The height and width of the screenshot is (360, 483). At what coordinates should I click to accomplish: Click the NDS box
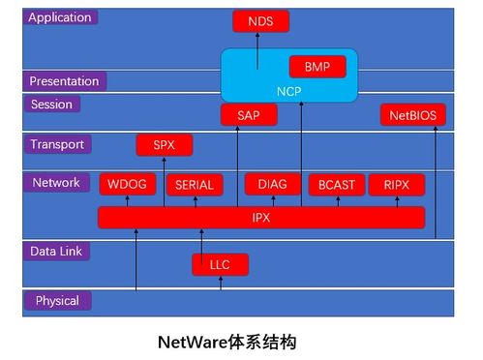click(260, 20)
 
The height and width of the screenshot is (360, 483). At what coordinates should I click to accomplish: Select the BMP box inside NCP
click(317, 68)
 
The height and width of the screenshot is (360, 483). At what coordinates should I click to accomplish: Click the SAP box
click(249, 115)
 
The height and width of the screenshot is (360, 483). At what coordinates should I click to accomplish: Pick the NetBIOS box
click(413, 115)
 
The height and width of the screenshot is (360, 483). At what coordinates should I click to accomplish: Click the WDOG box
click(127, 184)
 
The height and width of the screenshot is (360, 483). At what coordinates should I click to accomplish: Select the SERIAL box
click(194, 184)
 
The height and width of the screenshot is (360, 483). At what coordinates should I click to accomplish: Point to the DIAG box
click(272, 184)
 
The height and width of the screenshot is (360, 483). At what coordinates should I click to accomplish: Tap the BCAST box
click(336, 184)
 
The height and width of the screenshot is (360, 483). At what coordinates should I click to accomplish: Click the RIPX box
click(396, 184)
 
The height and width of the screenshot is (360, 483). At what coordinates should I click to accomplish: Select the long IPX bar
click(260, 218)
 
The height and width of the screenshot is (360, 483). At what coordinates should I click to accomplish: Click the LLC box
click(220, 263)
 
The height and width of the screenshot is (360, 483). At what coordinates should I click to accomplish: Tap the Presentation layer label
click(65, 81)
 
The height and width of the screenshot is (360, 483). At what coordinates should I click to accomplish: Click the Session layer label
click(52, 105)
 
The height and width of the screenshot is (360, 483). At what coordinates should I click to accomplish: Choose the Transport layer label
click(58, 144)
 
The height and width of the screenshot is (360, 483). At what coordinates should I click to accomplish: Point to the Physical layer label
click(57, 301)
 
